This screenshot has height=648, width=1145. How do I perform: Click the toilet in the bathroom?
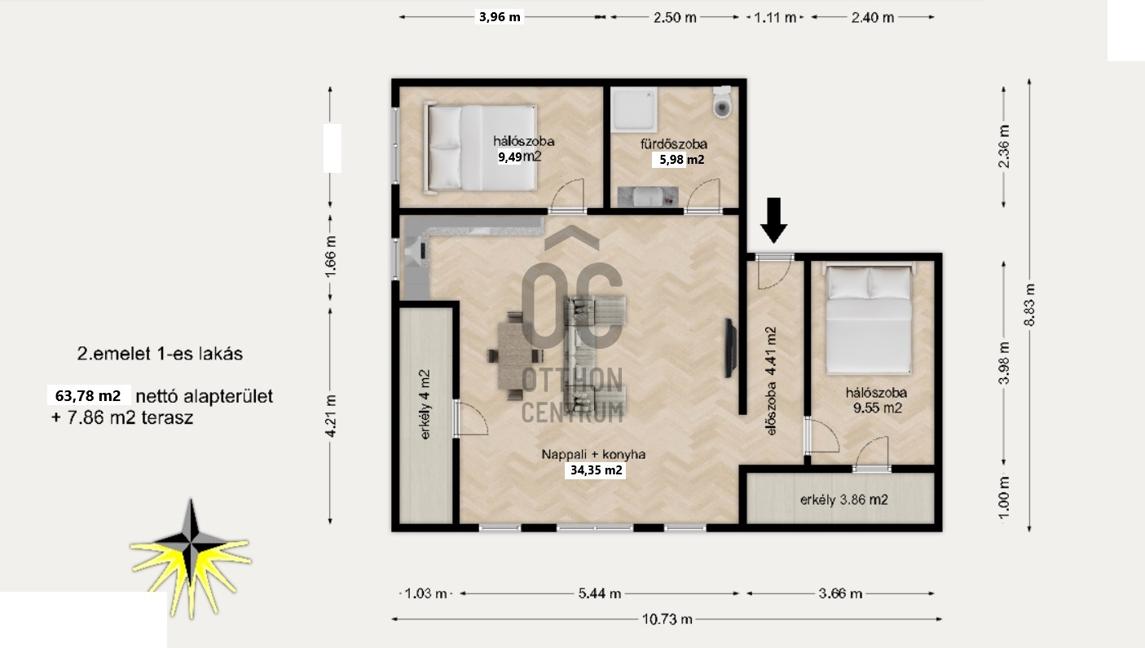click(722, 102)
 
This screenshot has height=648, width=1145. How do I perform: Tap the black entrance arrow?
click(774, 220)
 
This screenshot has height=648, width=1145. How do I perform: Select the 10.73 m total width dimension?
click(667, 619)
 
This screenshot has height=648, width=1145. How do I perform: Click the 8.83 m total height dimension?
click(1029, 305)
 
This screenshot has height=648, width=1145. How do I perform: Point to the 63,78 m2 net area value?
click(88, 396)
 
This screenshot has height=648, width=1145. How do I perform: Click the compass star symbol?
click(191, 558)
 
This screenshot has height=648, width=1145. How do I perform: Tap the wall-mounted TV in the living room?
click(730, 348)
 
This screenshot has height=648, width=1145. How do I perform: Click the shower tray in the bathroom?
click(634, 109)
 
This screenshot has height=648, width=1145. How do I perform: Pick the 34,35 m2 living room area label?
click(596, 470)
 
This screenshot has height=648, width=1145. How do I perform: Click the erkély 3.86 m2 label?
click(844, 500)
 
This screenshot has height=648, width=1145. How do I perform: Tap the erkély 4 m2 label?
click(425, 404)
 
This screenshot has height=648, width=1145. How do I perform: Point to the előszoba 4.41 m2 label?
click(771, 381)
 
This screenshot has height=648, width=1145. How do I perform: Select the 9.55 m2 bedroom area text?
click(877, 408)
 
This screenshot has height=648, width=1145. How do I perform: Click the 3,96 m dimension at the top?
click(500, 17)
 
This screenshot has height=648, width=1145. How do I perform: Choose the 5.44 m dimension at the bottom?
click(600, 593)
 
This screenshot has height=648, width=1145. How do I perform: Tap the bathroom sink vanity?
click(648, 197)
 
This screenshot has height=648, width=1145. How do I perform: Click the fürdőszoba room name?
click(674, 144)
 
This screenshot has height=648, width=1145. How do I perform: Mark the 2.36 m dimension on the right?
click(1004, 146)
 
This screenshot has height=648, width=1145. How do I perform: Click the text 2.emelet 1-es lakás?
click(160, 354)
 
